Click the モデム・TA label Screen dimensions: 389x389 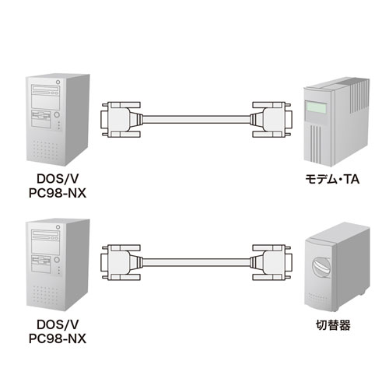[331, 179]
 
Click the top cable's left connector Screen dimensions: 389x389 [121, 120]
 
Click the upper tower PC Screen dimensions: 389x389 [56, 117]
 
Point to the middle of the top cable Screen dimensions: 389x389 [194, 120]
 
